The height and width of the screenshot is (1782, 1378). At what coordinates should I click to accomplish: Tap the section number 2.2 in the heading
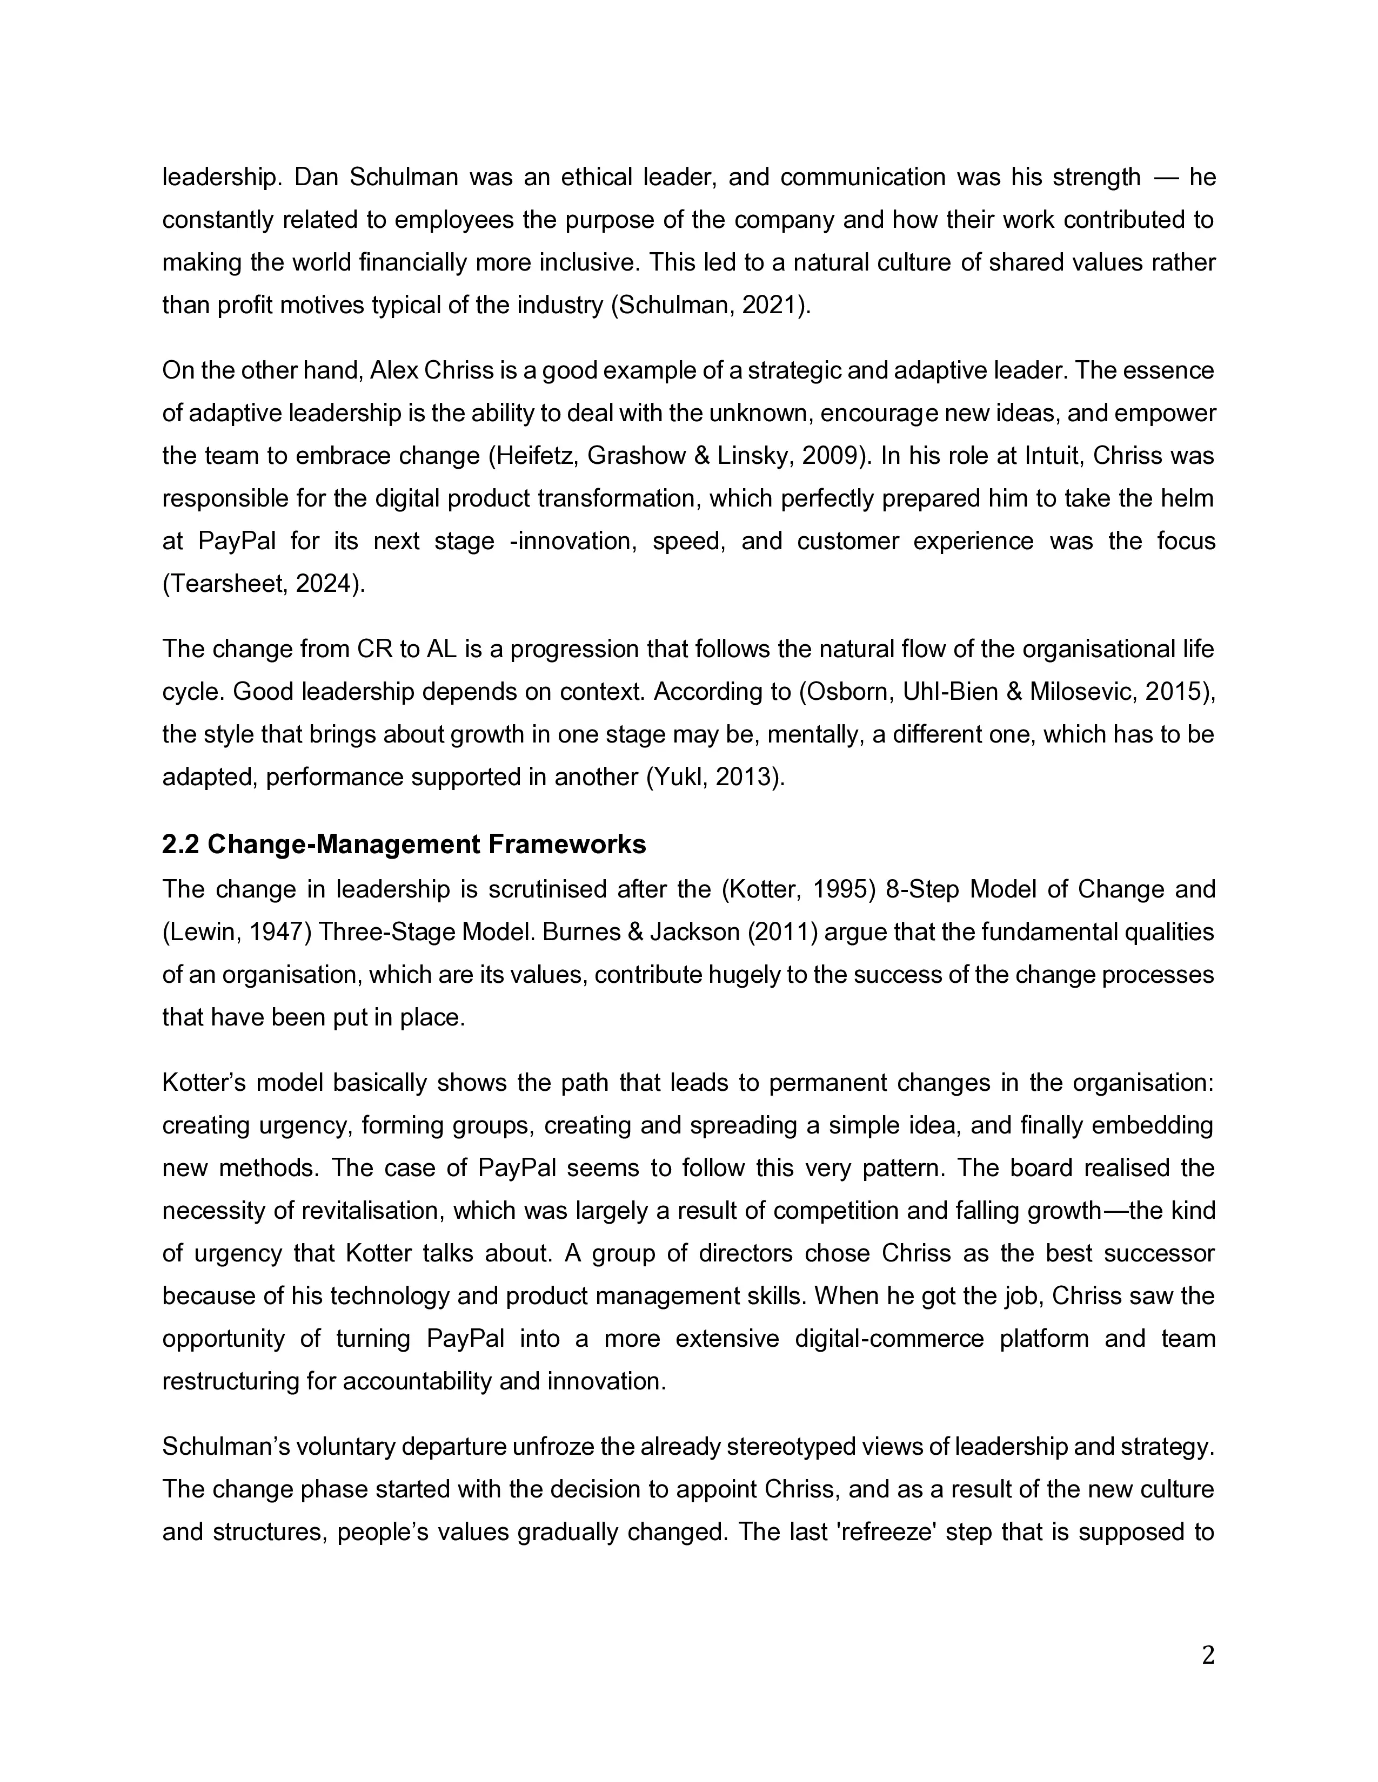click(181, 845)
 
